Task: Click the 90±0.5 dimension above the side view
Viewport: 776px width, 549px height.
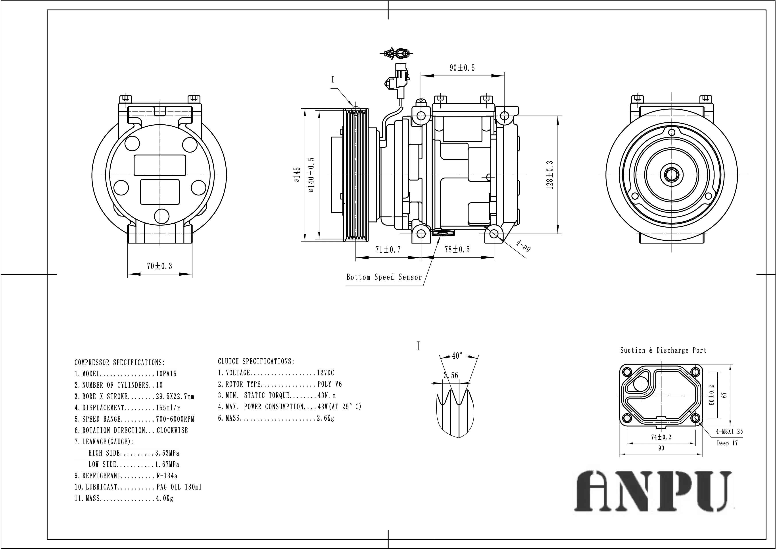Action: point(462,68)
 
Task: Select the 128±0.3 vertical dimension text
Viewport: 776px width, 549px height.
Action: point(550,175)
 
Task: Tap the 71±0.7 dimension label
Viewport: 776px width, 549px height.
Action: point(388,250)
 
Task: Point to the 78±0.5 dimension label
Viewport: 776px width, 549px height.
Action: point(457,250)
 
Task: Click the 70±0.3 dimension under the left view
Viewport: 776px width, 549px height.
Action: point(159,266)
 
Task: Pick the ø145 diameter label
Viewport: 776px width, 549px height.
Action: point(297,175)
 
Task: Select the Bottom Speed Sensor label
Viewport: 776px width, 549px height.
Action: point(384,277)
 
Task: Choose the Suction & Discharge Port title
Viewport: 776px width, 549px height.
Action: point(663,350)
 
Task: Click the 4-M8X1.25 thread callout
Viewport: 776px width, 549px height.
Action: point(729,431)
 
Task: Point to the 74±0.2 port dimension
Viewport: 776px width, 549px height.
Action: point(661,437)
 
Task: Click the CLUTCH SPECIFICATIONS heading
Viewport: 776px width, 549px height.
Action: point(256,361)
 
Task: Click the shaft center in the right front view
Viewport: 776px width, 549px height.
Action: point(671,175)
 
